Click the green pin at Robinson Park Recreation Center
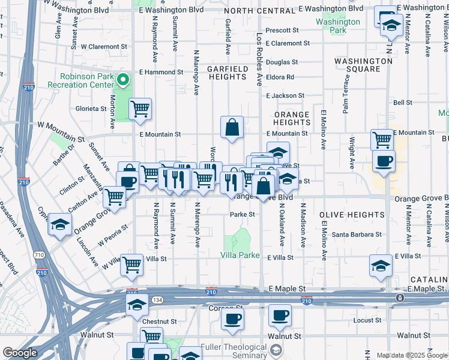click(x=123, y=79)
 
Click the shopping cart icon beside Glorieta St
click(x=140, y=109)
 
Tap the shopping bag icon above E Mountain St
click(x=232, y=127)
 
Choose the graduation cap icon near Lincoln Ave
click(x=60, y=224)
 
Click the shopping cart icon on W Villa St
click(x=131, y=265)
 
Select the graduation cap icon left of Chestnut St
click(x=137, y=305)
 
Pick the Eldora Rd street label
click(x=282, y=77)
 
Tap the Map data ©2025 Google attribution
click(x=411, y=355)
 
